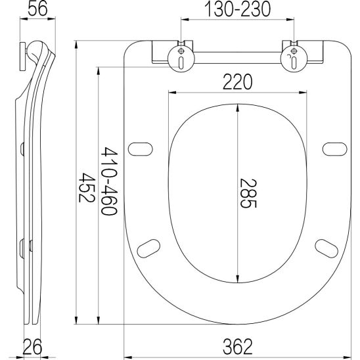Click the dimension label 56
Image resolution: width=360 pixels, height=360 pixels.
click(x=37, y=9)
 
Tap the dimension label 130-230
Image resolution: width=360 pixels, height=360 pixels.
click(x=237, y=9)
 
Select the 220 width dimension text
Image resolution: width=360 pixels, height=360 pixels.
click(x=237, y=82)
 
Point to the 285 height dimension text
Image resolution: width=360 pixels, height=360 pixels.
click(x=248, y=193)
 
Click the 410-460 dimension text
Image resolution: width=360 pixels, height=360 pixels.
click(x=110, y=181)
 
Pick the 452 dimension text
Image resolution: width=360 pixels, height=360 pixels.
click(x=87, y=187)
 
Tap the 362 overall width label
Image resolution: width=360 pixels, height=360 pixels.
click(x=237, y=347)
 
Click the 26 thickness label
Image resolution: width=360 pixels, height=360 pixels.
click(x=33, y=347)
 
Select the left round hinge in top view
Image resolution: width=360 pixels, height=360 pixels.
click(x=181, y=58)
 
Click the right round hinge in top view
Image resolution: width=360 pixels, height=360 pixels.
click(x=294, y=58)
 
